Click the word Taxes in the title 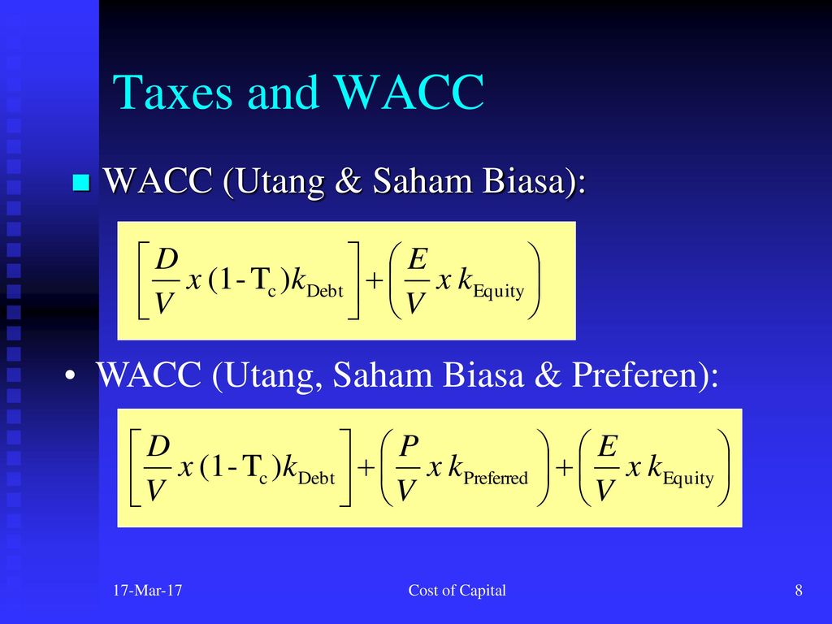(172, 92)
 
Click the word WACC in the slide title (409, 92)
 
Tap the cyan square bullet (81, 182)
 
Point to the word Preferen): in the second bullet (644, 375)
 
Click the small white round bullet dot (70, 375)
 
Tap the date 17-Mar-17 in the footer (147, 590)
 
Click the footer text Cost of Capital (457, 590)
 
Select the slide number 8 (799, 590)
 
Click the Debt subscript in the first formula (325, 292)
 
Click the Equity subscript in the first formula (498, 292)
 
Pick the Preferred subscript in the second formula (496, 478)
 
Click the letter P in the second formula (409, 447)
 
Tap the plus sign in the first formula (374, 279)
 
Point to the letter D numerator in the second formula (158, 447)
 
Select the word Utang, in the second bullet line (271, 375)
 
